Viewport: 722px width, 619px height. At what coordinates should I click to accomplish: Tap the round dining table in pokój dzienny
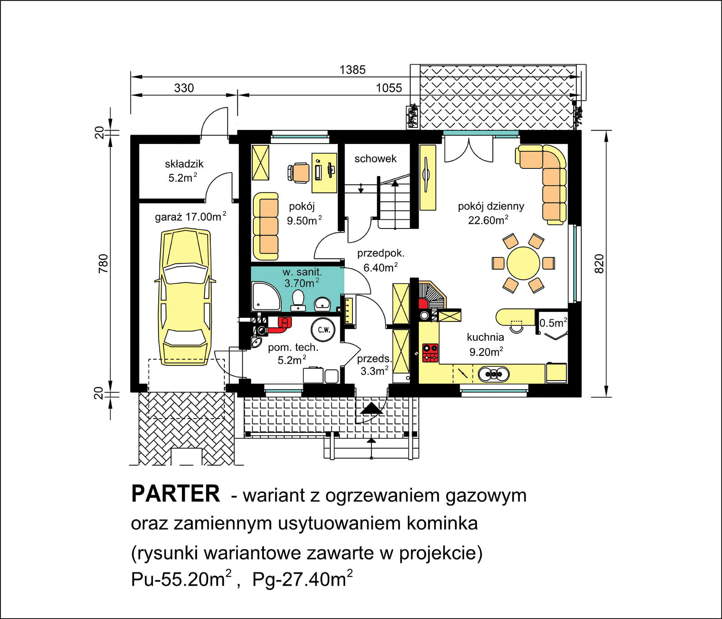click(x=523, y=263)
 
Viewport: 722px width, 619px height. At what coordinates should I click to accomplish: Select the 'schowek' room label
click(x=375, y=158)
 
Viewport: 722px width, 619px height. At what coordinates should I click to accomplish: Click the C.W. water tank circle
click(x=323, y=330)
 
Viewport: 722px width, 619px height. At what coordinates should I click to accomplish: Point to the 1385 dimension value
click(x=352, y=70)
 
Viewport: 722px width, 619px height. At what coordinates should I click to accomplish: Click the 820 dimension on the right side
click(x=599, y=263)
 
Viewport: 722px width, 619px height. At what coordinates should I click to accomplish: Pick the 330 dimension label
click(x=184, y=88)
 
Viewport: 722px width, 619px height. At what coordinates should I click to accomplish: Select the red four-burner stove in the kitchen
click(x=430, y=353)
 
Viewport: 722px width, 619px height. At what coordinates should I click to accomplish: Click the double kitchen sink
click(x=493, y=374)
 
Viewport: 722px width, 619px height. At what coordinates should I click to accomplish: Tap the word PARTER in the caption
click(x=175, y=494)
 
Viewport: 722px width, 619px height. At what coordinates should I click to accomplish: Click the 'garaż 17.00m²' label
click(x=190, y=217)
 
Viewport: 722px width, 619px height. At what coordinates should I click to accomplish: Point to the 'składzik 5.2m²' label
click(x=184, y=170)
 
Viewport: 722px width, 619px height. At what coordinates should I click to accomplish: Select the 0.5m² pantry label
click(x=553, y=323)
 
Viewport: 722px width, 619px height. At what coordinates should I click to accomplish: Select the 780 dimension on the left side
click(x=103, y=263)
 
